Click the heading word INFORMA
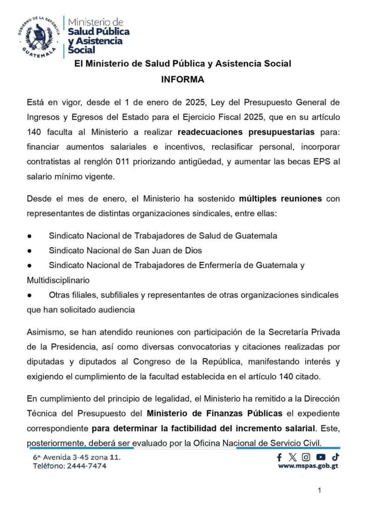coord(182,79)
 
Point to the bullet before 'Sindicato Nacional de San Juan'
coord(30,250)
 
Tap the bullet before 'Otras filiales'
coord(30,295)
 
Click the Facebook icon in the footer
coord(280,457)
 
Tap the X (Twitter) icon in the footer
coord(292,457)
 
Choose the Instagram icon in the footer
coord(306,457)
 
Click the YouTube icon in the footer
coord(321,457)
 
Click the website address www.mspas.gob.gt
coord(308,467)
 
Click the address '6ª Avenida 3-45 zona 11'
coord(76,457)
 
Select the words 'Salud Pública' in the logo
coord(98,31)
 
